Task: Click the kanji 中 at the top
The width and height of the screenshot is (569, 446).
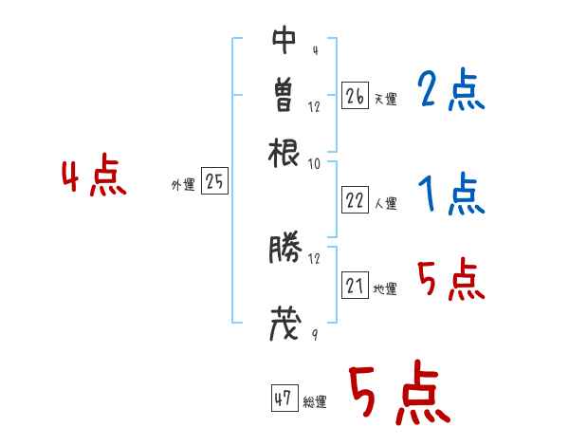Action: (x=284, y=40)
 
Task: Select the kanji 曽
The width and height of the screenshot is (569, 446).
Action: (x=284, y=94)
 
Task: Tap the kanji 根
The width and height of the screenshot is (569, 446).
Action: (x=284, y=150)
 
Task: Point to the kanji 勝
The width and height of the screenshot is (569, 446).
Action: (x=284, y=250)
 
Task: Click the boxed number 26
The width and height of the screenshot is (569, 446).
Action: (x=355, y=96)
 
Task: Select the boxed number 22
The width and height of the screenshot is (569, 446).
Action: (x=355, y=200)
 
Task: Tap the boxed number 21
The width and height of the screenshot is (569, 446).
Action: (x=355, y=286)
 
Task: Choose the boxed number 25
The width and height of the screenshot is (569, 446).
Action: (x=214, y=182)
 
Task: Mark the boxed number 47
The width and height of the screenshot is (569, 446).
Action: (x=284, y=399)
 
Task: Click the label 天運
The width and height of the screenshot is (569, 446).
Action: (x=385, y=99)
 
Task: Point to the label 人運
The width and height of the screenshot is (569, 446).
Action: (x=385, y=203)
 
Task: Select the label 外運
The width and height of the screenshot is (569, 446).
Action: (x=183, y=185)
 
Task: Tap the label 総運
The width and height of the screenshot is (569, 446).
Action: (x=314, y=402)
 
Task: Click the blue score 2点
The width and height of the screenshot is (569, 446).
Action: (x=450, y=92)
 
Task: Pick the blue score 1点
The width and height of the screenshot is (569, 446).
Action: (x=450, y=195)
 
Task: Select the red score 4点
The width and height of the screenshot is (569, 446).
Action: (x=94, y=178)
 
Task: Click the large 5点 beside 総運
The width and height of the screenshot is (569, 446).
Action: (x=397, y=395)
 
